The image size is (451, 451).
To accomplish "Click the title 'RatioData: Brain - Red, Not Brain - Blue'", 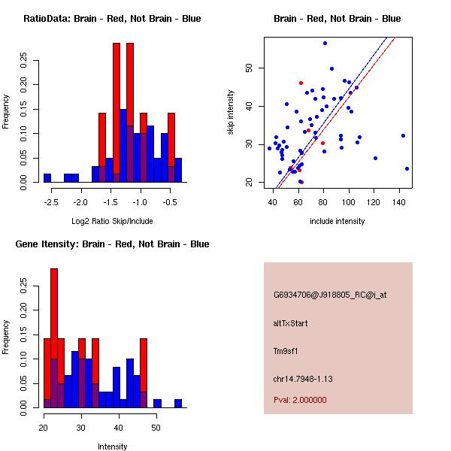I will (112, 19).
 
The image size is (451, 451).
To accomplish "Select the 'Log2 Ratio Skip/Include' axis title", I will (112, 221).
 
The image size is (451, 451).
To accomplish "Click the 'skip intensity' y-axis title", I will (231, 113).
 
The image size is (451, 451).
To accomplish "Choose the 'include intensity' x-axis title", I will (337, 221).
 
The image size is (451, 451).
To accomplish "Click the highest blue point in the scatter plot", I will (325, 44).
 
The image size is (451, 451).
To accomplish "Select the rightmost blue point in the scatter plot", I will (407, 168).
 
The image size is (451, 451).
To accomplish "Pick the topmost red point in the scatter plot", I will (301, 83).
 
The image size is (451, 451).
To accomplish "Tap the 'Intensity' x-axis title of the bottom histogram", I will (112, 446).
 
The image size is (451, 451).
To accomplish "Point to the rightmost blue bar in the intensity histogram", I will (178, 403).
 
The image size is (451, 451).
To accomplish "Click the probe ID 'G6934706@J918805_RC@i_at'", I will (330, 295).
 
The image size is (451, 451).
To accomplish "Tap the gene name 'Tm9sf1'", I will (286, 350).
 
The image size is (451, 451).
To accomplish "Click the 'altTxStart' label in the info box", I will (290, 323).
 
